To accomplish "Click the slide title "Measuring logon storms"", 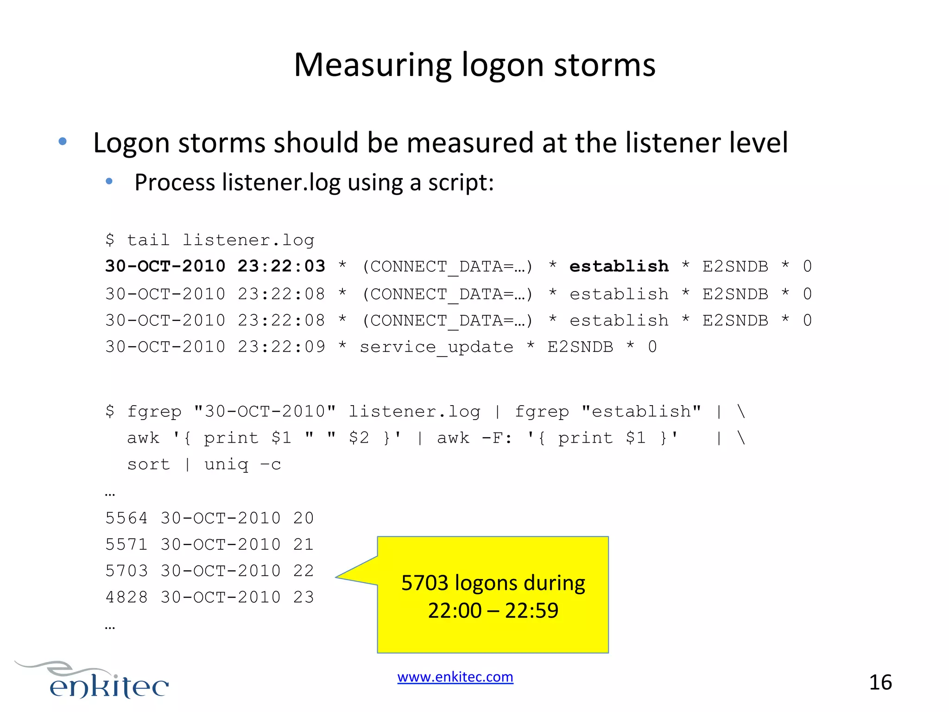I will click(474, 65).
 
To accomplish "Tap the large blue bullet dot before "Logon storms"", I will click(63, 141).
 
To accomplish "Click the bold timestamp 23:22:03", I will click(281, 266).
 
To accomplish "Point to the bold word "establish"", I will click(619, 266).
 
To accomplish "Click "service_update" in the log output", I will click(437, 347).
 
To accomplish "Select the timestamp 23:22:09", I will click(281, 347).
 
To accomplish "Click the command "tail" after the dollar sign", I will click(148, 240).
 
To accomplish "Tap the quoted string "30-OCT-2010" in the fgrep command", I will click(265, 411).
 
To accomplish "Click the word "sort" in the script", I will click(148, 464).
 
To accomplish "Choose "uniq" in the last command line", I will click(226, 465).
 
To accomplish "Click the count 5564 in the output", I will click(126, 518).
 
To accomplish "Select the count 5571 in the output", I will click(126, 544).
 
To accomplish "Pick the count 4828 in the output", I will click(126, 597).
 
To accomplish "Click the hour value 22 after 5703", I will click(304, 571).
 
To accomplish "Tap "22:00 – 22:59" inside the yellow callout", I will click(493, 610).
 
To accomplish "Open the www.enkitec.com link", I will click(455, 677).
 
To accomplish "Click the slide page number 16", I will click(880, 682).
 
